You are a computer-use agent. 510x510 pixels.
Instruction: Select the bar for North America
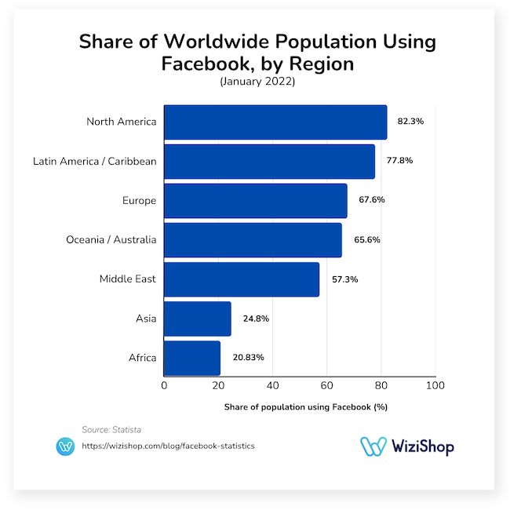point(275,122)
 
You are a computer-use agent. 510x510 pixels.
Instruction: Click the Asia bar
point(198,319)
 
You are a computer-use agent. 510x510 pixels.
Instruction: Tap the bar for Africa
point(192,358)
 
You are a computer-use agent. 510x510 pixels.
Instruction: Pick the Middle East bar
point(242,279)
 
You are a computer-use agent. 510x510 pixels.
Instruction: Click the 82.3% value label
point(410,122)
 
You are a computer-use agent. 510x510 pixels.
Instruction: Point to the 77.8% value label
point(399,161)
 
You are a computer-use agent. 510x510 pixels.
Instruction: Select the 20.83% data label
point(248,357)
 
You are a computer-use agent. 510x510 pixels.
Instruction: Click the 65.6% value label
point(366,239)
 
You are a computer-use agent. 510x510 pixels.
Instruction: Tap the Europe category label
point(138,201)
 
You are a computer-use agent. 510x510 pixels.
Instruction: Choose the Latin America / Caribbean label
point(95,162)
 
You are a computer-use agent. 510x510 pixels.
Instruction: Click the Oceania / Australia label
point(111,240)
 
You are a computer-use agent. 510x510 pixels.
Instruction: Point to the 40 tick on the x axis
point(272,386)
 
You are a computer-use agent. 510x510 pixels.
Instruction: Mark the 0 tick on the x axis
point(164,386)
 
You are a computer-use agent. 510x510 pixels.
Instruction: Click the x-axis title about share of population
point(305,407)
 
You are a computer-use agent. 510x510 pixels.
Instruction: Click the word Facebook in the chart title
point(202,63)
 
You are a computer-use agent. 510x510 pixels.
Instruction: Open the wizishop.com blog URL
point(168,446)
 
